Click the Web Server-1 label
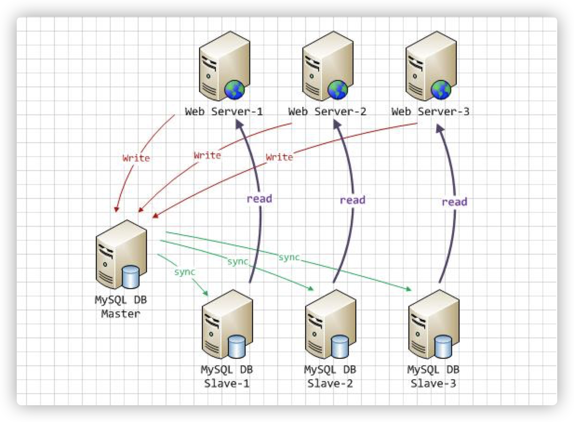[224, 112]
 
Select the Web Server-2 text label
[327, 112]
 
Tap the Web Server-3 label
[430, 112]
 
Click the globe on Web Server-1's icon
[234, 89]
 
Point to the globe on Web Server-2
[338, 89]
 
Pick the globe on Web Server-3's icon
[441, 89]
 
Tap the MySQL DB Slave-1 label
[227, 377]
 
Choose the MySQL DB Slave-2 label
[330, 377]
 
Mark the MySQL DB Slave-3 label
[433, 377]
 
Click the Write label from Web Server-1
[136, 158]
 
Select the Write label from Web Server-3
[279, 158]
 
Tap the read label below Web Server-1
[259, 198]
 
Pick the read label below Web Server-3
[454, 202]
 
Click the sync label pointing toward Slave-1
[184, 272]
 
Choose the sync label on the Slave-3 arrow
[289, 257]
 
